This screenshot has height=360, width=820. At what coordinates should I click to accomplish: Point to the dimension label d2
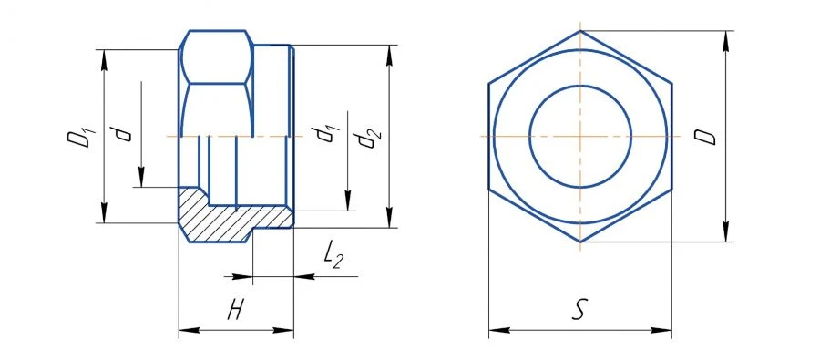[x=368, y=138]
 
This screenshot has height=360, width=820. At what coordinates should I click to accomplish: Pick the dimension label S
[x=578, y=311]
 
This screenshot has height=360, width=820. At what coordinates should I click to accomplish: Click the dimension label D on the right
[x=705, y=137]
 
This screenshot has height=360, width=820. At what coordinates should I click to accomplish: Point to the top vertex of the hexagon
[x=580, y=30]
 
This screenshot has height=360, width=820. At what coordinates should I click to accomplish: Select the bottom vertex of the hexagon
[x=580, y=242]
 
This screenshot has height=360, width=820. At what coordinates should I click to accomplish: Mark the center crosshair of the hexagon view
[x=580, y=136]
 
